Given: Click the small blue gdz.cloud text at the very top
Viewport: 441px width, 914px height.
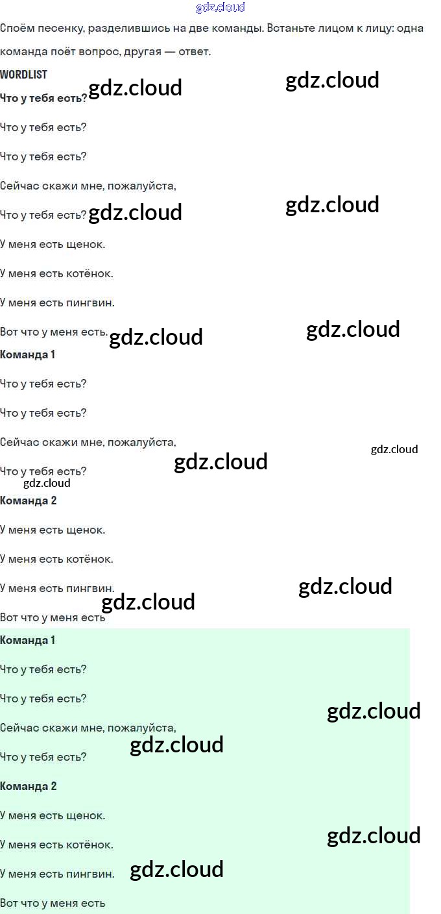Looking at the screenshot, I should click(220, 7).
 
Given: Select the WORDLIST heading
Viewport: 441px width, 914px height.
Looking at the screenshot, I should click(23, 75).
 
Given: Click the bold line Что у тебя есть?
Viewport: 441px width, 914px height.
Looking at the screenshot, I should click(43, 98).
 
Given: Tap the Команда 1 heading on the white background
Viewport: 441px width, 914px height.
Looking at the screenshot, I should click(28, 354).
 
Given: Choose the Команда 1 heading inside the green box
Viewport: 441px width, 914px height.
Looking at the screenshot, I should click(28, 640).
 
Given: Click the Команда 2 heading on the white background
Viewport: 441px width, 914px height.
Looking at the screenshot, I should click(29, 500).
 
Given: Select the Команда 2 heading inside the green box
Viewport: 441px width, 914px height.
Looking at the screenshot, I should click(29, 786).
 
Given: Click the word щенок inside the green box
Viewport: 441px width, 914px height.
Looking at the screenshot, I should click(86, 816).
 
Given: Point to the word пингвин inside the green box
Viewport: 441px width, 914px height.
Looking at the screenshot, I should click(90, 874).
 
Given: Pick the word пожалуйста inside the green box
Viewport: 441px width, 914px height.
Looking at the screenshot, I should click(141, 728).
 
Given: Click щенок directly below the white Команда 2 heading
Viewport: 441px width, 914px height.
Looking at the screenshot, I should click(86, 530).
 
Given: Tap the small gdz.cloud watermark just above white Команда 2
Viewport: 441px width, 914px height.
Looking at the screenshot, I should click(47, 483).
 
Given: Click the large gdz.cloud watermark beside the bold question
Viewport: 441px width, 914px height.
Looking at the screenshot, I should click(135, 88).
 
